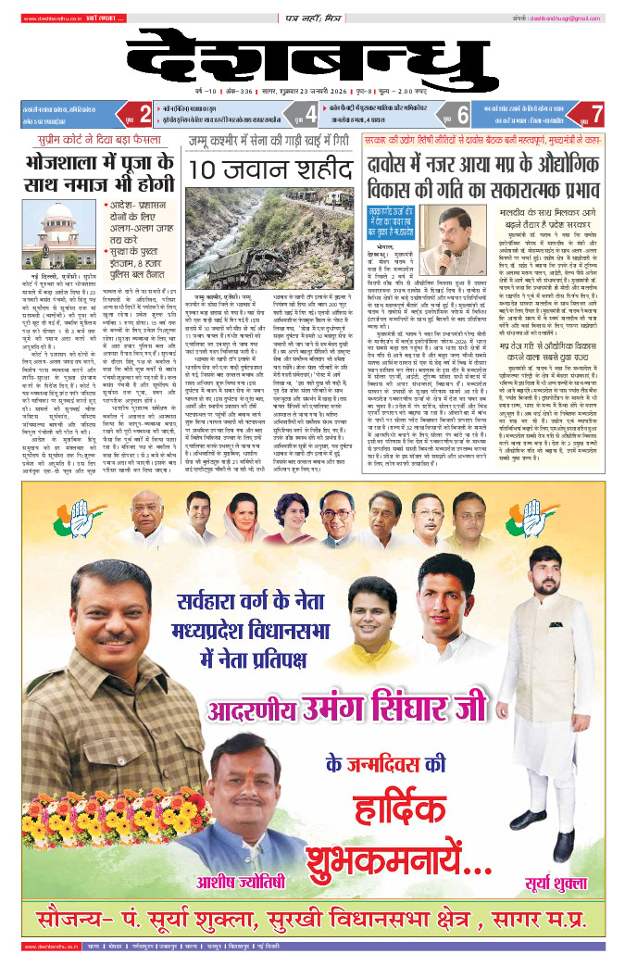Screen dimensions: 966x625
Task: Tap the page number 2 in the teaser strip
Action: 144,116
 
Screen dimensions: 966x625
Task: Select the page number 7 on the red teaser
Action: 596,116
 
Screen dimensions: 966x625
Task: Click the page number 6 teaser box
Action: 462,116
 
